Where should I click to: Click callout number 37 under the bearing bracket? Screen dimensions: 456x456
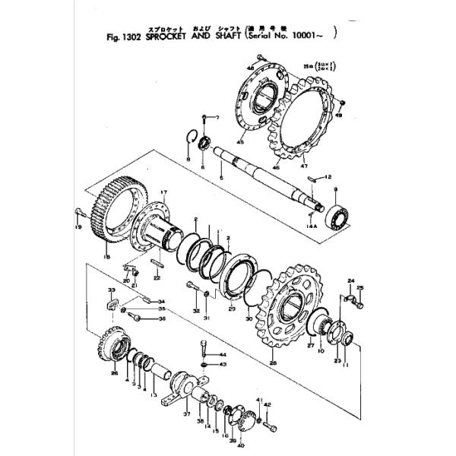pos(186,415)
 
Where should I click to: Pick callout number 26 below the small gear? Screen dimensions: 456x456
pos(114,372)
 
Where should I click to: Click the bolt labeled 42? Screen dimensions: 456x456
pos(267,417)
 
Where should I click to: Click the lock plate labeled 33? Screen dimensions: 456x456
pos(112,304)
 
